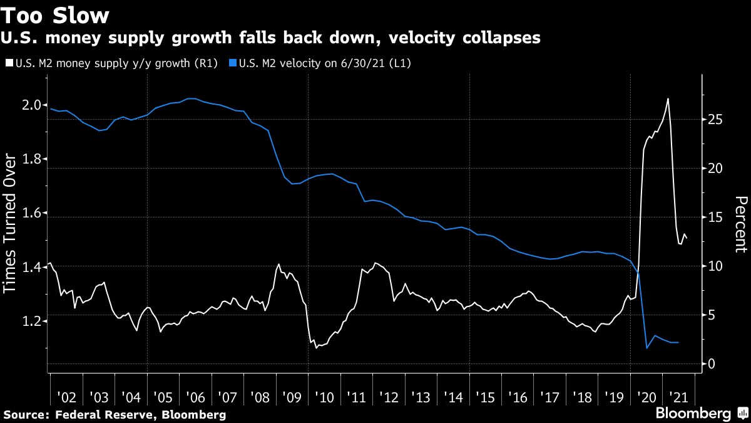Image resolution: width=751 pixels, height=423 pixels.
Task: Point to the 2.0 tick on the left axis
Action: click(x=33, y=105)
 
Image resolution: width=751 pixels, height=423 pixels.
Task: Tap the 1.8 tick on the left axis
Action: click(x=33, y=159)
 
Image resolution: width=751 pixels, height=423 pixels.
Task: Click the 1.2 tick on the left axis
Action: click(x=33, y=321)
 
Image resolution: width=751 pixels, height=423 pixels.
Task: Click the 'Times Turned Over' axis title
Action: click(x=12, y=225)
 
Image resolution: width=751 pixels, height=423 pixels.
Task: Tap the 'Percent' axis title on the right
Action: click(x=740, y=225)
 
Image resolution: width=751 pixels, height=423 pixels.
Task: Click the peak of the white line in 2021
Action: click(x=668, y=99)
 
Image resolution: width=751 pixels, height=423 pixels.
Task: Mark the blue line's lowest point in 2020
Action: click(x=646, y=348)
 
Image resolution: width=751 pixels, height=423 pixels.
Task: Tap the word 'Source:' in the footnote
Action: click(x=27, y=414)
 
